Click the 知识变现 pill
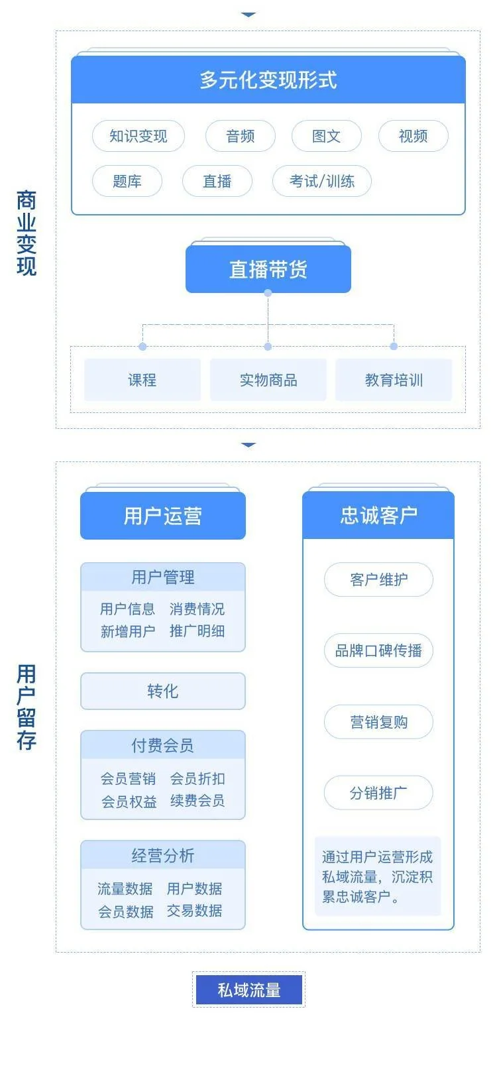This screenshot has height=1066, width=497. pyautogui.click(x=138, y=136)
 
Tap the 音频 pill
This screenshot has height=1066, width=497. pyautogui.click(x=240, y=136)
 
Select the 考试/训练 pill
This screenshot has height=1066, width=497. pyautogui.click(x=321, y=181)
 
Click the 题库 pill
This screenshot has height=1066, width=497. pyautogui.click(x=127, y=181)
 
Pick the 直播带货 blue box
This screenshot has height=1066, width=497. pyautogui.click(x=268, y=269)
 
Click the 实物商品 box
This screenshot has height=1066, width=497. pyautogui.click(x=268, y=380)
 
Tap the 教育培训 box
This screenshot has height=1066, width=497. pyautogui.click(x=394, y=380)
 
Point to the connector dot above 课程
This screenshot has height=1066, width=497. pyautogui.click(x=142, y=347)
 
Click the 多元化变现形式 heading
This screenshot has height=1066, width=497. pyautogui.click(x=268, y=80)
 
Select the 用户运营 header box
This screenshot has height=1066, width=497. pyautogui.click(x=162, y=516)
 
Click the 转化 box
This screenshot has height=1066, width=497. pyautogui.click(x=162, y=691)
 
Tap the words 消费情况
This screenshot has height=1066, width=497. pyautogui.click(x=197, y=609)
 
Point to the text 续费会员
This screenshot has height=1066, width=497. pyautogui.click(x=197, y=801)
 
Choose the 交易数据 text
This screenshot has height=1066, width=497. pyautogui.click(x=194, y=911)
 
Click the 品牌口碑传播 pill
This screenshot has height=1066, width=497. pyautogui.click(x=378, y=650)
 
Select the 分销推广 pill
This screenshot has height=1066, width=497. pyautogui.click(x=378, y=792)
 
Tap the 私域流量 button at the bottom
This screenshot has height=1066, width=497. pyautogui.click(x=248, y=990)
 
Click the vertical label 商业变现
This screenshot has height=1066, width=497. pyautogui.click(x=27, y=233)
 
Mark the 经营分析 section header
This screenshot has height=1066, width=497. pyautogui.click(x=162, y=855)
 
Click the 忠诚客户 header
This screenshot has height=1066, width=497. pyautogui.click(x=378, y=515)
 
